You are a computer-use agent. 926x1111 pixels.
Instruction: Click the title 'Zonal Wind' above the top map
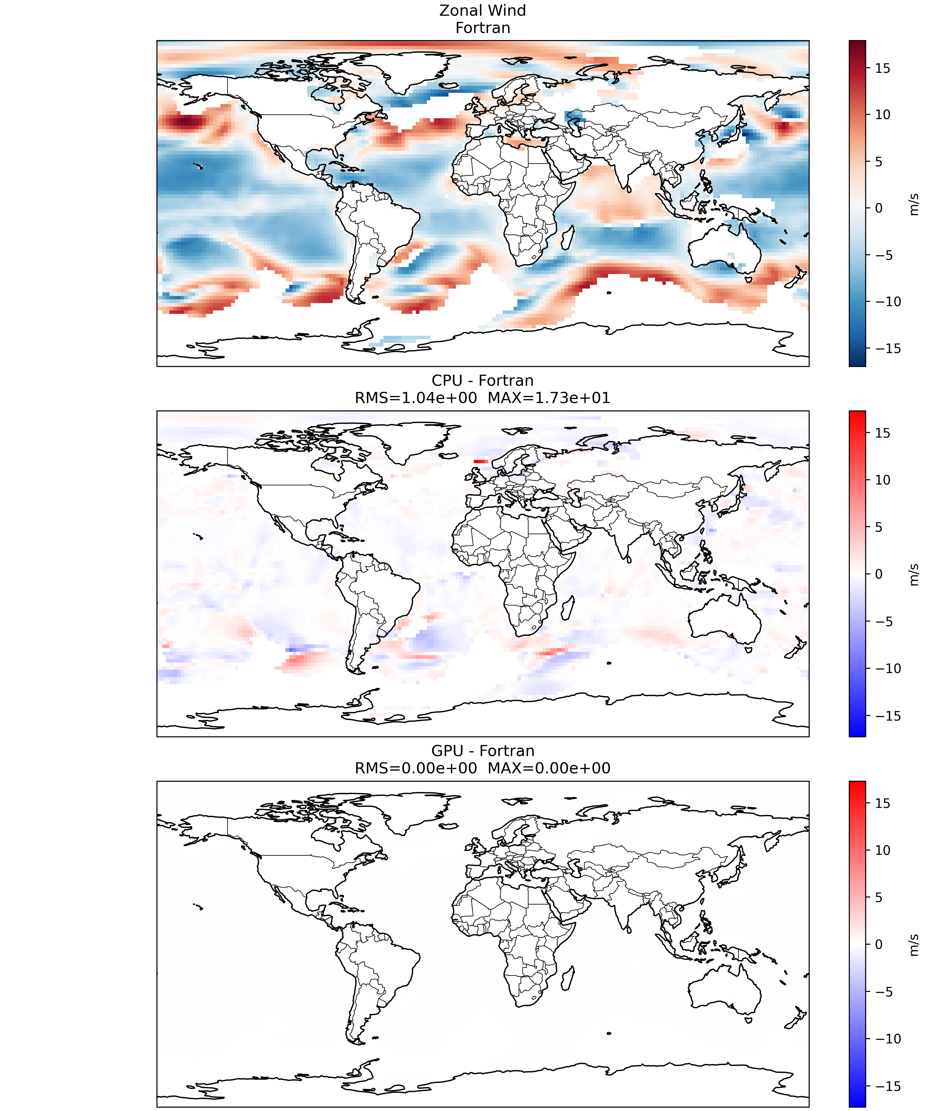[482, 10]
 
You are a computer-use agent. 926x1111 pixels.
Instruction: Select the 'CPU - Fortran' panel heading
[482, 381]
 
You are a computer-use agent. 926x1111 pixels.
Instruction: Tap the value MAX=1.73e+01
[549, 398]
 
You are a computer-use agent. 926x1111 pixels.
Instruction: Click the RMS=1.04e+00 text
[416, 398]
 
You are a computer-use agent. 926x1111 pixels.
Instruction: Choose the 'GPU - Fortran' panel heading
[482, 751]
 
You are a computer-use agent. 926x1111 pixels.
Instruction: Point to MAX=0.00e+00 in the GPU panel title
[549, 768]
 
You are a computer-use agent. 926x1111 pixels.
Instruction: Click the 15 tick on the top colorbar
[882, 68]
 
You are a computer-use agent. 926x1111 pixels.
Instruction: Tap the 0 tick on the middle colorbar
[878, 574]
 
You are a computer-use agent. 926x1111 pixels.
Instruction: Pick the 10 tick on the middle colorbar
[882, 480]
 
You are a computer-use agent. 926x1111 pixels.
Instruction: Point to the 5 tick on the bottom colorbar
[878, 897]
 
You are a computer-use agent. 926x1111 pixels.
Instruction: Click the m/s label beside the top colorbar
[913, 204]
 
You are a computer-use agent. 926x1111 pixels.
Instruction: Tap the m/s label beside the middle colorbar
[913, 575]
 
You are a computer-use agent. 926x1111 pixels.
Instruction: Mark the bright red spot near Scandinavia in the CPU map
[481, 461]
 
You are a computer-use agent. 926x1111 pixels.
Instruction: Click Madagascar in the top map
[567, 238]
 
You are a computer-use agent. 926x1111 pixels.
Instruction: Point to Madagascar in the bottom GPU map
[567, 978]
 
